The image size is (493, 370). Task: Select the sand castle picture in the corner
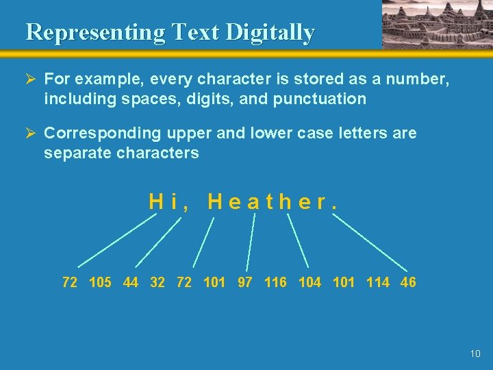point(437,24)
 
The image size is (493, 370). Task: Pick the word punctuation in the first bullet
point(320,99)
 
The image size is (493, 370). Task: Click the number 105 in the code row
point(100,282)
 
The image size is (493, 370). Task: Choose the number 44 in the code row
point(131,282)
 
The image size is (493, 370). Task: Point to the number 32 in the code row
point(157,282)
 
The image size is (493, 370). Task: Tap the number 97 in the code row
point(245,282)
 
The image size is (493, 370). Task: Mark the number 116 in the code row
point(275,282)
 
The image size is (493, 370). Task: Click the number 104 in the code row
point(309,282)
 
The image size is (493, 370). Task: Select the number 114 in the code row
point(378,282)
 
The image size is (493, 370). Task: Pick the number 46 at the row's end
point(408,282)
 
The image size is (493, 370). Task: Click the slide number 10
point(476,354)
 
